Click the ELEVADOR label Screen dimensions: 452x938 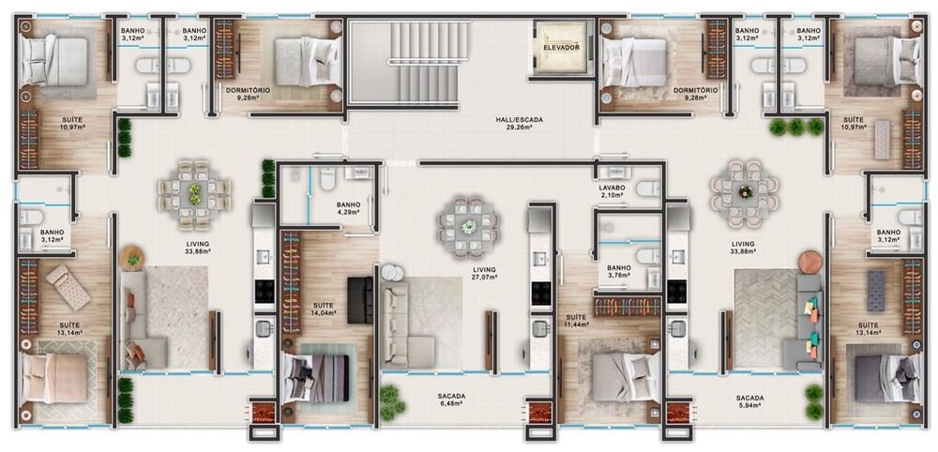tap(561, 47)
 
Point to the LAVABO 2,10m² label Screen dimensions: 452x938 tap(612, 190)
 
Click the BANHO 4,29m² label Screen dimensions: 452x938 tap(348, 209)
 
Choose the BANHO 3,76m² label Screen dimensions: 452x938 tap(618, 272)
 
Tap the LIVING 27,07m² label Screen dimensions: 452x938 tap(484, 273)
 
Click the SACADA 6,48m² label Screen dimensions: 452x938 tap(451, 400)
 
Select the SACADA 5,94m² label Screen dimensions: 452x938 tap(749, 402)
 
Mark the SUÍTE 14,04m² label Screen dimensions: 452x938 tap(325, 310)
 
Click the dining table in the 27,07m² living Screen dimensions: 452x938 tap(468, 226)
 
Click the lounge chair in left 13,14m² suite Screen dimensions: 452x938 tap(68, 286)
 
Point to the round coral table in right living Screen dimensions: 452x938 tap(809, 262)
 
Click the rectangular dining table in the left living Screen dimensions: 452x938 tap(195, 194)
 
